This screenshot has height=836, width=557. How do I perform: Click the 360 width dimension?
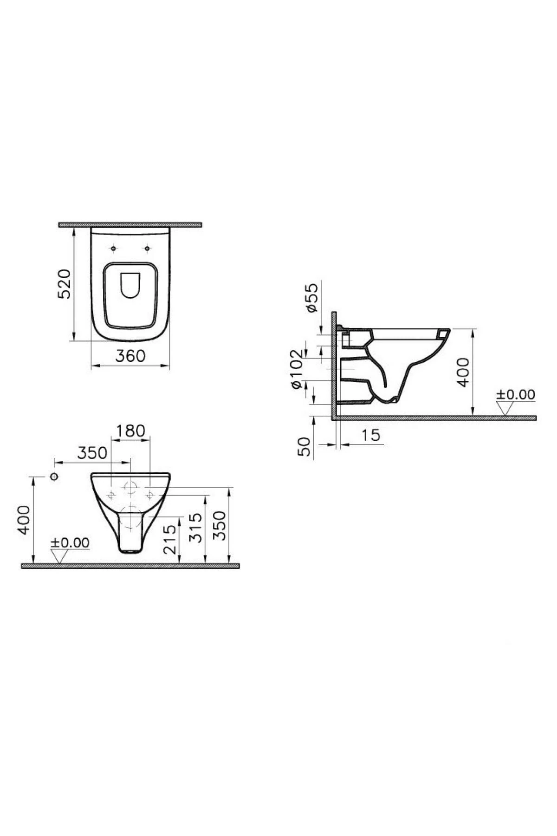130,356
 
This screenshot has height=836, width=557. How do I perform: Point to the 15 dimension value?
371,435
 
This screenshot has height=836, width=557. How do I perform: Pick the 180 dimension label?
130,431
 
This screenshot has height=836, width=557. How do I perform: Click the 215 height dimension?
170,539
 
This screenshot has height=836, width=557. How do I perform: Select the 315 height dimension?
196,527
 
